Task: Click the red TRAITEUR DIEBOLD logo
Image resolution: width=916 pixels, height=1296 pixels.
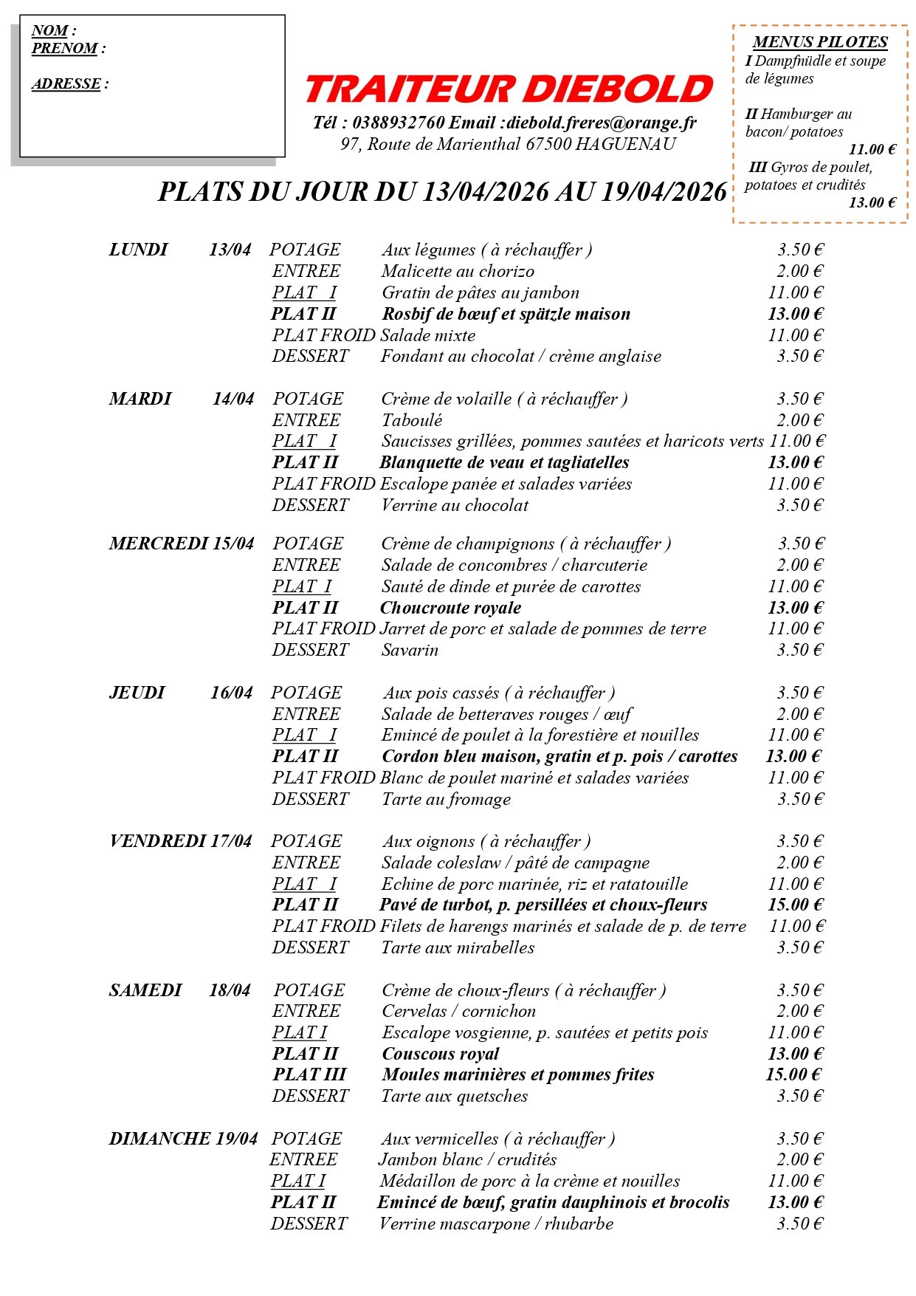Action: [x=509, y=89]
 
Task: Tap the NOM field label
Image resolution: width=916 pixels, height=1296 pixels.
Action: [x=50, y=31]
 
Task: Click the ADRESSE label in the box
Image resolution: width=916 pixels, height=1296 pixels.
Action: [x=66, y=84]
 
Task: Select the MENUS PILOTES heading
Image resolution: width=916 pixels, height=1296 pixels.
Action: [x=819, y=42]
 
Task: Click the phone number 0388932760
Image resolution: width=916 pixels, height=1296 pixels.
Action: [x=398, y=123]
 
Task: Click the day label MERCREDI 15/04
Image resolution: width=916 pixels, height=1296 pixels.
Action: [x=181, y=544]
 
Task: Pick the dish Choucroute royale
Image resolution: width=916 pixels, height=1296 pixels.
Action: [x=450, y=608]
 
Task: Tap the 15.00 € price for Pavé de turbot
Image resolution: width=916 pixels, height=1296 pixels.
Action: [x=795, y=905]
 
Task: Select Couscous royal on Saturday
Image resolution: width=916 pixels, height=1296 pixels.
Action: [x=441, y=1054]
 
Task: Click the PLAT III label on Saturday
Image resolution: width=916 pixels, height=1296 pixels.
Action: [x=309, y=1075]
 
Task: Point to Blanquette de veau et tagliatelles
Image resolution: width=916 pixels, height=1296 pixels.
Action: [x=504, y=463]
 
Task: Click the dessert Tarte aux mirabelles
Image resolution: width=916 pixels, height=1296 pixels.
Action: [x=458, y=948]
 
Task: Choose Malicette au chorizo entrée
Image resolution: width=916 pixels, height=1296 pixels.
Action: [x=458, y=272]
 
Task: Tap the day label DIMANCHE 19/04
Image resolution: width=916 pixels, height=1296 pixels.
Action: [x=183, y=1139]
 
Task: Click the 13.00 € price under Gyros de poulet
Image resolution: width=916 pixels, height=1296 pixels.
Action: [x=872, y=203]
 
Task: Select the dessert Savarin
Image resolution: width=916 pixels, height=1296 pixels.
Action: [x=410, y=651]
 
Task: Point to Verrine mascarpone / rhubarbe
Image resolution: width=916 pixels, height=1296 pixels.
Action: [x=496, y=1224]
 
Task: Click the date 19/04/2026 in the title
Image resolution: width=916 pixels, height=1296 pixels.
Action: [x=664, y=192]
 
